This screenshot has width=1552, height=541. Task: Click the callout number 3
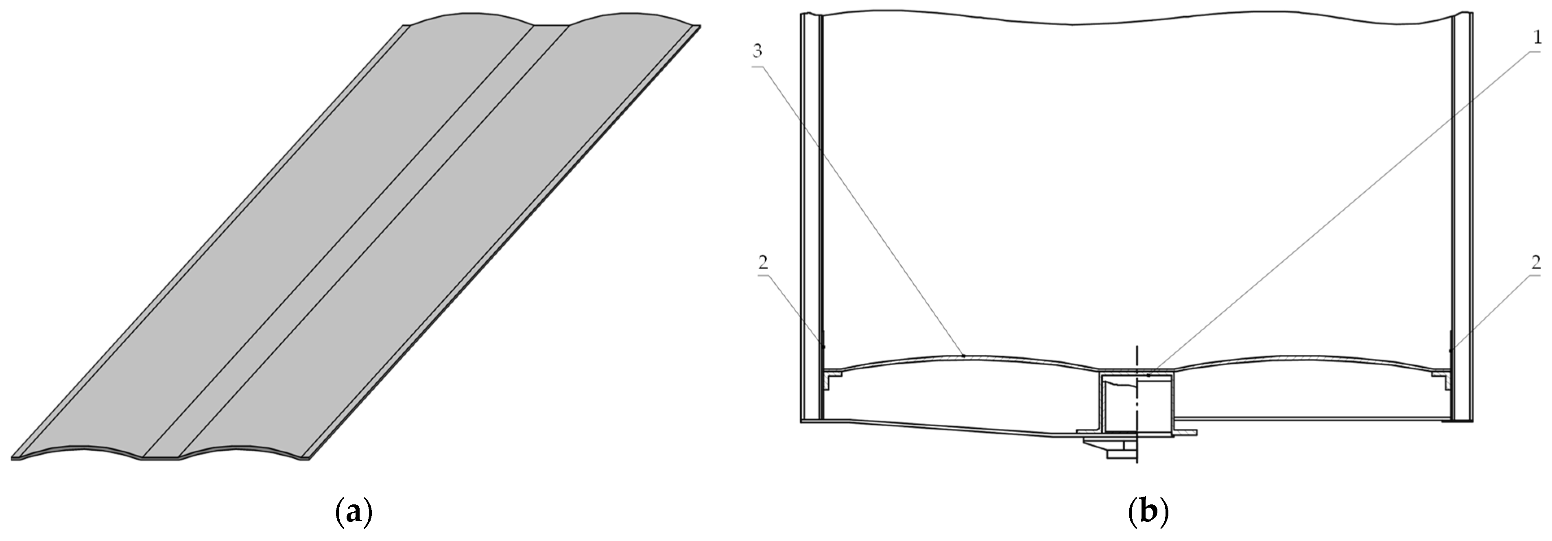pos(757,51)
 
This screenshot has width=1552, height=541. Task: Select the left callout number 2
pos(763,263)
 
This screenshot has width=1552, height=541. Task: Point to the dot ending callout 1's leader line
pos(1149,375)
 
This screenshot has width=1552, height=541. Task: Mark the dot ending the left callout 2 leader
pos(823,347)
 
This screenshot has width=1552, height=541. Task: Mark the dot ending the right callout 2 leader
pos(1451,351)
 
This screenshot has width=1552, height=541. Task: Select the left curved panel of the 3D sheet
pos(271,241)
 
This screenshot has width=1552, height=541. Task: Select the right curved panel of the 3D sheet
pos(440,241)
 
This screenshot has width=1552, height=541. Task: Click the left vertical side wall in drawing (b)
pos(812,217)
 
